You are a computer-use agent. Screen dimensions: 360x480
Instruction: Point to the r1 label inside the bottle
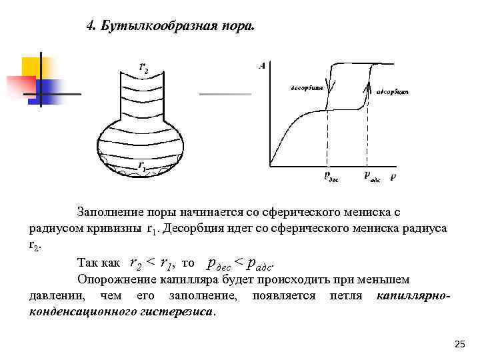point(141,166)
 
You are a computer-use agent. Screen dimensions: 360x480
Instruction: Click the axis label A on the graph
point(261,65)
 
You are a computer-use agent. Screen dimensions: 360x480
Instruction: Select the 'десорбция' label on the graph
point(307,87)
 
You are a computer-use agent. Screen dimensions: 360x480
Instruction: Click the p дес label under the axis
point(331,176)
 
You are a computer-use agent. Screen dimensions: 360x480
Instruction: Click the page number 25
point(459,343)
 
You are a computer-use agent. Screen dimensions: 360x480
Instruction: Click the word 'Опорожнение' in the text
point(114,279)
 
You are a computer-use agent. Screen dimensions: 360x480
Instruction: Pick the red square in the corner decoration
point(20,85)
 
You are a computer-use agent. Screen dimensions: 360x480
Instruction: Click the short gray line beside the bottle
point(225,94)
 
